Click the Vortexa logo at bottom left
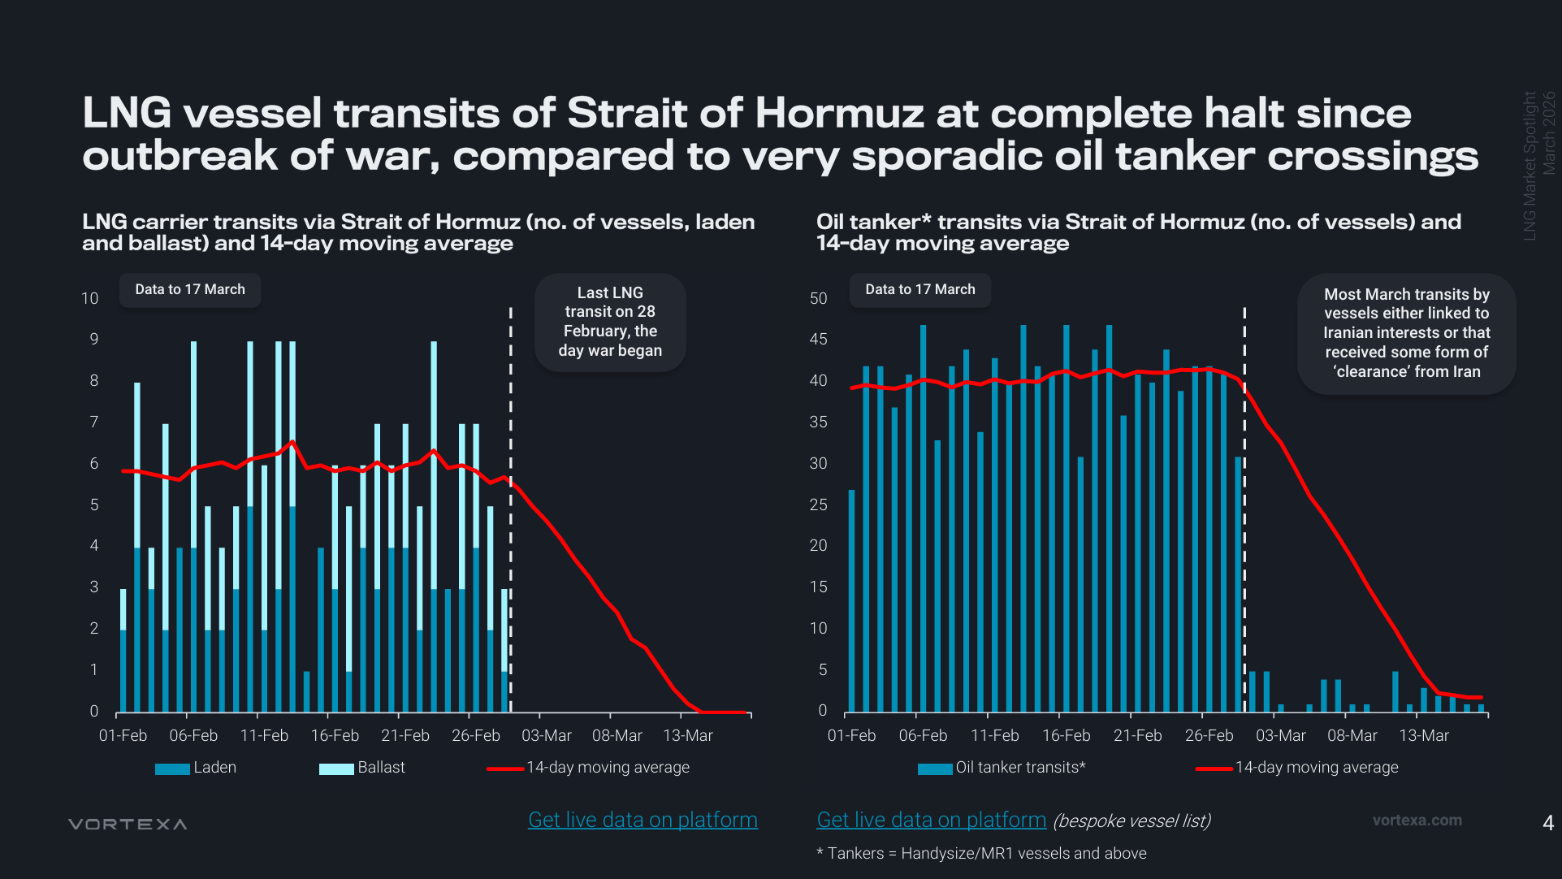[128, 824]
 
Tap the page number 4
[1547, 823]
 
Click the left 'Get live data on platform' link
[643, 820]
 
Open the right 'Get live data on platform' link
[931, 820]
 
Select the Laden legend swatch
[172, 769]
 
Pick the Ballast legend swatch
[336, 769]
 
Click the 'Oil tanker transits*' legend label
[1020, 768]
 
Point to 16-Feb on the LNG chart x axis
[335, 735]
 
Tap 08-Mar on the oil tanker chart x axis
[1352, 735]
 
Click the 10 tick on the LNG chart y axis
[89, 298]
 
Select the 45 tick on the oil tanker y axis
[818, 340]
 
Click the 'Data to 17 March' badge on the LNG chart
[189, 289]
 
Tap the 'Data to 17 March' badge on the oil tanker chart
[919, 289]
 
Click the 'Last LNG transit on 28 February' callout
[610, 322]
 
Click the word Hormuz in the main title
[839, 113]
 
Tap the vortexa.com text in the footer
[1417, 821]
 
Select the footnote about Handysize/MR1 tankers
[981, 853]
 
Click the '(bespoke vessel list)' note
[1131, 821]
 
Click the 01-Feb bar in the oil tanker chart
[852, 600]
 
